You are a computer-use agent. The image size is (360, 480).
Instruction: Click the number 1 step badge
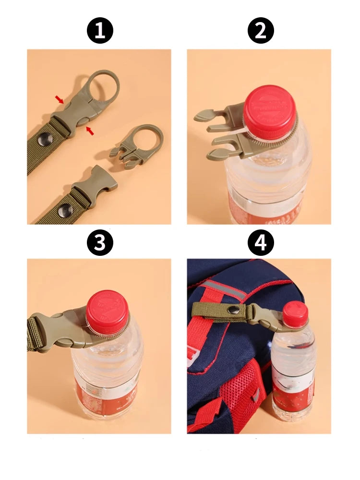point(100,31)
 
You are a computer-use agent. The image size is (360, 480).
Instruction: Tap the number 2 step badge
point(260,31)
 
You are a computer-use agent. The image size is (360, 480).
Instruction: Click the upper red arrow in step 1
point(59,99)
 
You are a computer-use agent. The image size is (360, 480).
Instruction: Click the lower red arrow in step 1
point(90,130)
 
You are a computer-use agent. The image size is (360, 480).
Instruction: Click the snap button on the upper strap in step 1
point(46,139)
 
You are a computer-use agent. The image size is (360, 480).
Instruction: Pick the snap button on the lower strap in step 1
point(64,210)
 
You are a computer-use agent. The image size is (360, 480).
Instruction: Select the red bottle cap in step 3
point(108,311)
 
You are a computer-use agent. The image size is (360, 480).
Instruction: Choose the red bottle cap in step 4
point(295,314)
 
